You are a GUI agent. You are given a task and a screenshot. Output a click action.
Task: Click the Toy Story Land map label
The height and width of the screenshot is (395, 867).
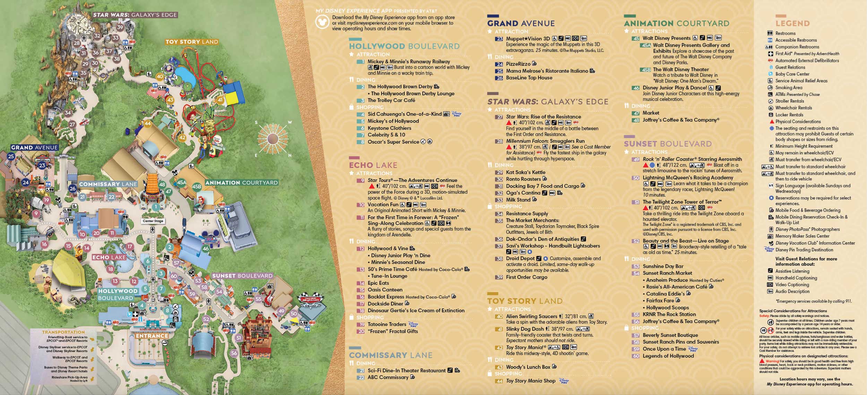(191, 42)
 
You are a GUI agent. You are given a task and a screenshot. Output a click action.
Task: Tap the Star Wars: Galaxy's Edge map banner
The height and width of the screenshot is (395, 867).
(135, 15)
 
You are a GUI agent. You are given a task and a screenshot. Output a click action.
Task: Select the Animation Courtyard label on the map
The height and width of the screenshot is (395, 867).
(241, 183)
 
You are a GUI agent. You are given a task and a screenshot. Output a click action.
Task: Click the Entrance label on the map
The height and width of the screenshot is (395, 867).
(152, 336)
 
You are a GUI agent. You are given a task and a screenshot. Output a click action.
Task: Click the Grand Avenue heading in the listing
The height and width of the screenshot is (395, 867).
(521, 24)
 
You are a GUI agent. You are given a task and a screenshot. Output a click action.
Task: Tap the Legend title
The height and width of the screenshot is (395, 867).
(792, 24)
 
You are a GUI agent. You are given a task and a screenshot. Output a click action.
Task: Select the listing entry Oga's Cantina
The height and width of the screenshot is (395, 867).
(523, 193)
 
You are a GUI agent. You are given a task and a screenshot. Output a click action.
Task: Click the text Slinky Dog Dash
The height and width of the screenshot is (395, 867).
(525, 329)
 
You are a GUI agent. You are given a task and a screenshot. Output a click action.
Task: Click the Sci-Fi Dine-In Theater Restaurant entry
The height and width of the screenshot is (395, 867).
(406, 370)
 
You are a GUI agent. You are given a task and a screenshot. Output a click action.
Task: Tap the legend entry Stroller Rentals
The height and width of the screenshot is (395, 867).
(789, 101)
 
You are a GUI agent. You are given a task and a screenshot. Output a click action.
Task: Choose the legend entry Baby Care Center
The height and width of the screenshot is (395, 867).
(792, 74)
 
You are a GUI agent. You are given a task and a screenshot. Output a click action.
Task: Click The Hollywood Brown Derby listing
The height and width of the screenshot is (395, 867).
(400, 87)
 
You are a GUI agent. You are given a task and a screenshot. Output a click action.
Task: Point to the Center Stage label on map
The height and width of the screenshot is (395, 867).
(153, 221)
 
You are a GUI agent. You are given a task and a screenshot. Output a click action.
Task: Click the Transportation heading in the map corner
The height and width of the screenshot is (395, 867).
(63, 332)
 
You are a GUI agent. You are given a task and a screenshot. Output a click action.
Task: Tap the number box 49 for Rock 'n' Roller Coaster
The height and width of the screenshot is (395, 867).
(636, 160)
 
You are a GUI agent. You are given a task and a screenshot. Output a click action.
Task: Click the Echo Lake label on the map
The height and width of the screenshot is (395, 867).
(109, 257)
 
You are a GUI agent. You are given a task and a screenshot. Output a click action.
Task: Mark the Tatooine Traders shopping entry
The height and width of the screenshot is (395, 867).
(387, 324)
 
